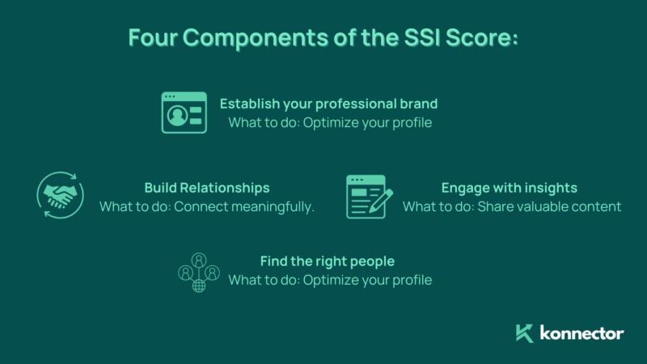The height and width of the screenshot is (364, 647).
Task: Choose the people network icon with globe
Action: click(199, 272)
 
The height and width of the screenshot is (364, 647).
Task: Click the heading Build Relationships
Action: click(206, 188)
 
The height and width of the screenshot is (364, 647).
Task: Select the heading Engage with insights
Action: click(509, 188)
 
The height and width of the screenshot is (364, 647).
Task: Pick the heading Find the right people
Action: click(327, 261)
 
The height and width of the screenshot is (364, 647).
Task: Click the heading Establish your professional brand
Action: click(328, 104)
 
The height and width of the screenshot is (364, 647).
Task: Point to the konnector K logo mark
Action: click(525, 332)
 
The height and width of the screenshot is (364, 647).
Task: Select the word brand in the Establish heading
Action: click(420, 104)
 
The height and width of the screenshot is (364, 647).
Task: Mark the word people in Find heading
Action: click(373, 261)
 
